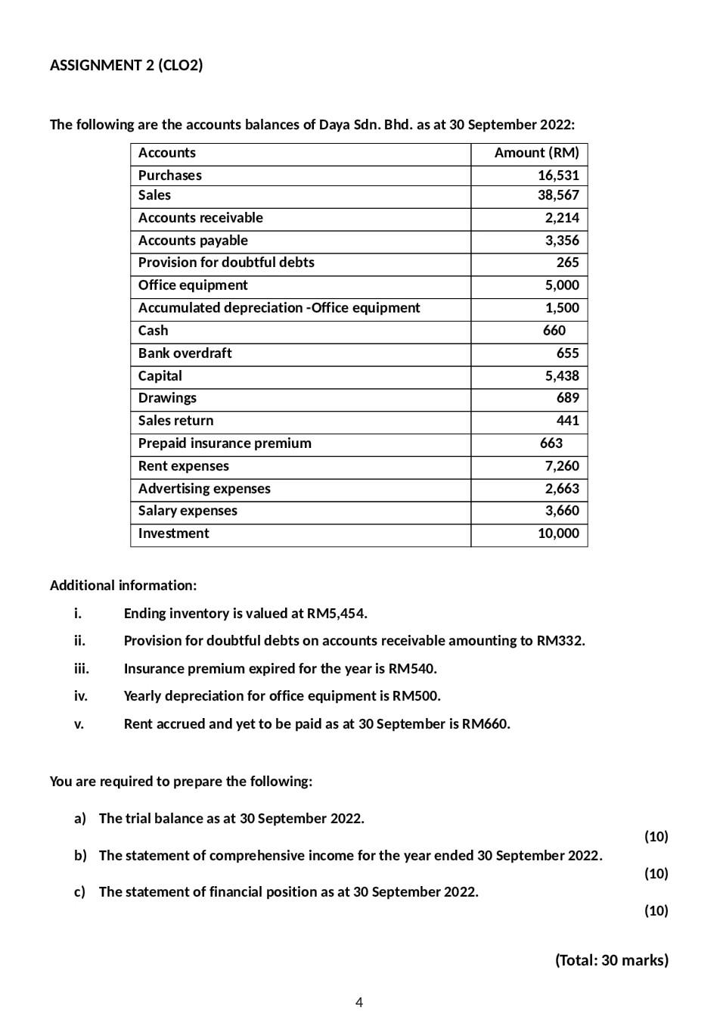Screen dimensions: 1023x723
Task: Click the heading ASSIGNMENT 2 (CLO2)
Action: pos(126,65)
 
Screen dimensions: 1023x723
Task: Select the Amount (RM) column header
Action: pos(536,153)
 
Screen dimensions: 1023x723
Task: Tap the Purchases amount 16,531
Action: pos(558,176)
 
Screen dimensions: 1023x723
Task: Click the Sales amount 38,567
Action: pos(558,195)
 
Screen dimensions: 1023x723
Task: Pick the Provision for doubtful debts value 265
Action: pos(567,263)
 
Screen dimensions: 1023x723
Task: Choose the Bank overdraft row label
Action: pos(185,353)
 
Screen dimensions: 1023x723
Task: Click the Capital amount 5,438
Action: pos(562,376)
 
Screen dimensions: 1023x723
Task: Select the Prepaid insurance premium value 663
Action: pos(551,443)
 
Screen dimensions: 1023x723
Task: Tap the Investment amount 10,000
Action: pos(558,533)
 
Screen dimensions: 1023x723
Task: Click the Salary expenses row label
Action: pos(188,511)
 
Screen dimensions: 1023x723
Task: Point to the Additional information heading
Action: pos(123,586)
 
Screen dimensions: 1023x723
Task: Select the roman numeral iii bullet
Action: pos(81,669)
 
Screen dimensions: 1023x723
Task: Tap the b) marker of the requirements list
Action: pos(80,856)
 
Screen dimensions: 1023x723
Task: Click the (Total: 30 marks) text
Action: pos(612,960)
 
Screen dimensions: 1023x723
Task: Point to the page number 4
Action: pos(359,1003)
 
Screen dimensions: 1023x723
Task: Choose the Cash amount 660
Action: pos(554,331)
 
